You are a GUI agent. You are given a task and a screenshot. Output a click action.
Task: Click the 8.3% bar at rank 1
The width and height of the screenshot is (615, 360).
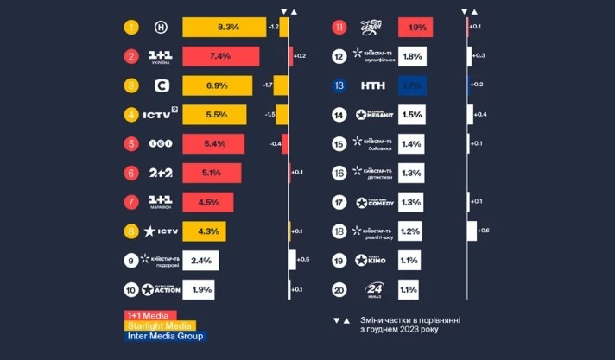[x=225, y=28]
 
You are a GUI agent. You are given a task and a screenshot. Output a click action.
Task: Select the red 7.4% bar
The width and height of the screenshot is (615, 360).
[x=219, y=57]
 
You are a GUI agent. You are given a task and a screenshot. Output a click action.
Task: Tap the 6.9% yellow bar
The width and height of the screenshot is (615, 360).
[x=217, y=86]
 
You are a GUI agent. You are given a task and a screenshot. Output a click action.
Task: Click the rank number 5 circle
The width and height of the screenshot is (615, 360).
[x=131, y=144]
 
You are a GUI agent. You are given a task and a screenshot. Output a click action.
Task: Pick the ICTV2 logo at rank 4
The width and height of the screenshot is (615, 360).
[x=160, y=115]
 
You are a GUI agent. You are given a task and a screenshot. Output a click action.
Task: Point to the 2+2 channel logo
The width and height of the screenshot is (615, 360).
[x=160, y=174]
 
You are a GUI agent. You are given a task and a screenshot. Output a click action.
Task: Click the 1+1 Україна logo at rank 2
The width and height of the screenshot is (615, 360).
[x=160, y=57]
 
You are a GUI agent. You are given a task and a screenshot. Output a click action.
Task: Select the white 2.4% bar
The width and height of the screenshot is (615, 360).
[x=200, y=261]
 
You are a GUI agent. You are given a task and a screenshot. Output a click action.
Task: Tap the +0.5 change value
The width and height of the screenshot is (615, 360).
[x=302, y=259]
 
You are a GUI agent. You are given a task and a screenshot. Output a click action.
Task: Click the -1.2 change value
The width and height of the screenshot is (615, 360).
[x=273, y=27]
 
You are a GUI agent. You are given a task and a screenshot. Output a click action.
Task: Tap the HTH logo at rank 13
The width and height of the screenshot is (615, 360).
[x=374, y=86]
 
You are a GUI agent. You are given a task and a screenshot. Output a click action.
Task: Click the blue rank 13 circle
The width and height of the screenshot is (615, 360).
[x=339, y=86]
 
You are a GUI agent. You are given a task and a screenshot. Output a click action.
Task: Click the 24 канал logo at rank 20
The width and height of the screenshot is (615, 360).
[x=374, y=290]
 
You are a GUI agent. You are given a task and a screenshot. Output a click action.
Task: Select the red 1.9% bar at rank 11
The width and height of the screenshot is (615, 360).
[x=415, y=28]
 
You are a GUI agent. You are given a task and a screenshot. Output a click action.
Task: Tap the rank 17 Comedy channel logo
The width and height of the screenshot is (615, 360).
[x=374, y=203]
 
